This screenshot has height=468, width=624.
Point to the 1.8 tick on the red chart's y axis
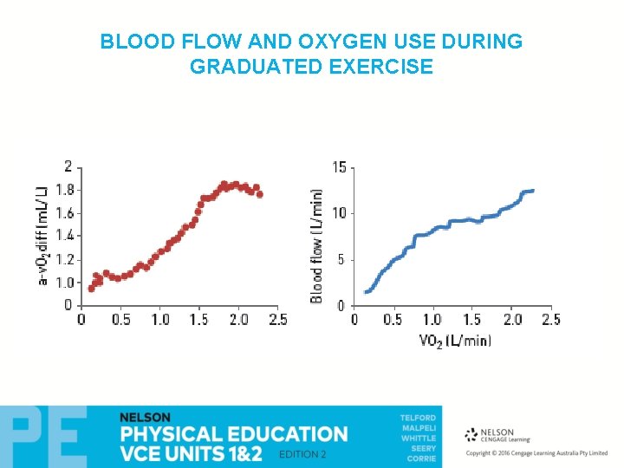coord(64,190)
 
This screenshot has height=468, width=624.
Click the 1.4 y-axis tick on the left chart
coord(64,236)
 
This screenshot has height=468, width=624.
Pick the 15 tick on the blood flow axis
coord(340,166)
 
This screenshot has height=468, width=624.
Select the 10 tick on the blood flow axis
coord(340,213)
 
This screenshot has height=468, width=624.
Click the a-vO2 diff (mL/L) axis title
coord(42,235)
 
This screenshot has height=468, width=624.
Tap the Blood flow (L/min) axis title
coord(317,246)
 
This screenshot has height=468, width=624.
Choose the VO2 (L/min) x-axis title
coord(455,340)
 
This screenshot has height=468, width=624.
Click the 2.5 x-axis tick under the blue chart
coord(550,320)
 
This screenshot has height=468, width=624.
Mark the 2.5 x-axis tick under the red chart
coord(276,320)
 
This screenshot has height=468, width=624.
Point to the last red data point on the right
coord(259,194)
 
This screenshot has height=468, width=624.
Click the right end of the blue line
coord(532,191)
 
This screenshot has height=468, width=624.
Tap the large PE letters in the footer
coord(43,438)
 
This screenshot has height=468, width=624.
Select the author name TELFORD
coord(418,418)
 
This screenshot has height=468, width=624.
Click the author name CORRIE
coord(421,458)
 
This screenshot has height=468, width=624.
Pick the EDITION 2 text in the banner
coord(302,455)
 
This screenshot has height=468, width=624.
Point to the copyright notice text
coord(536,453)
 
